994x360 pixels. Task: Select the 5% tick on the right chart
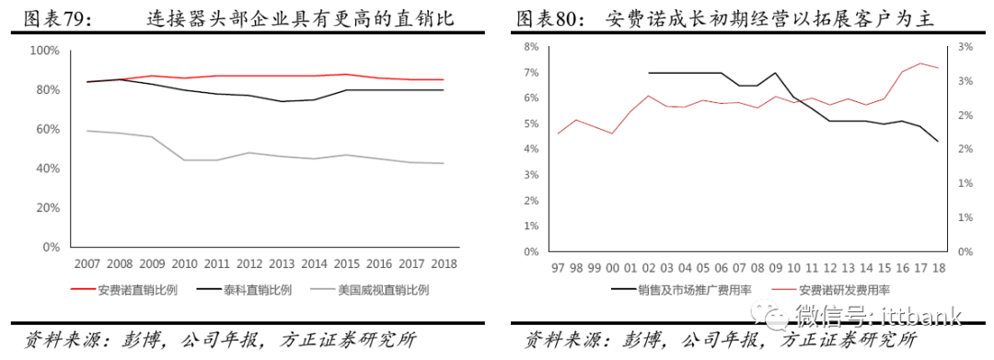click(531, 123)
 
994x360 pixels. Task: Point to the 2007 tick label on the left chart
click(87, 264)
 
